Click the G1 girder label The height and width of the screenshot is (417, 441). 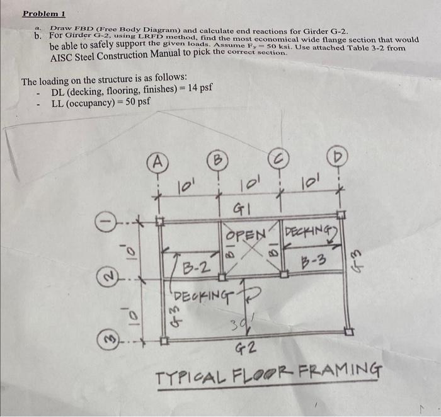click(242, 207)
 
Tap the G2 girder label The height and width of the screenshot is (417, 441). click(246, 347)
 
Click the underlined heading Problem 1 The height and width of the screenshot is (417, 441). click(44, 13)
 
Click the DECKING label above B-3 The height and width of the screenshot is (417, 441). click(312, 235)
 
